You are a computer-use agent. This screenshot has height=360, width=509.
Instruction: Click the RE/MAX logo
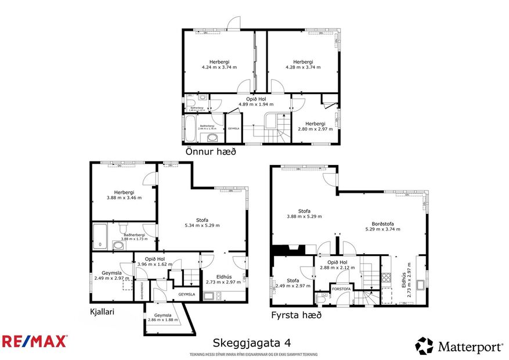34,341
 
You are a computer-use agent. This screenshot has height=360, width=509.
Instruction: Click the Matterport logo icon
424,346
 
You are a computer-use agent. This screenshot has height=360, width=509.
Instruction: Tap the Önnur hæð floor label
211,152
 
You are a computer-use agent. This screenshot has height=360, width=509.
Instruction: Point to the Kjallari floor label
102,312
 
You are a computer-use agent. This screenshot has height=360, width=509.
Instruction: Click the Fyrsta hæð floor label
297,315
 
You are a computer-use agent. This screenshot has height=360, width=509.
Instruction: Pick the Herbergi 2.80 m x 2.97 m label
315,126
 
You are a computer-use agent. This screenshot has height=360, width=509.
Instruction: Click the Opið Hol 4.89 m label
251,102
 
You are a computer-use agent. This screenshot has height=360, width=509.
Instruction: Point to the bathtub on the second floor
190,128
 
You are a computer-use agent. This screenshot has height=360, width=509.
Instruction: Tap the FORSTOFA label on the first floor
341,289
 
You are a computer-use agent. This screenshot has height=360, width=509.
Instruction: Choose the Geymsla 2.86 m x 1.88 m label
163,316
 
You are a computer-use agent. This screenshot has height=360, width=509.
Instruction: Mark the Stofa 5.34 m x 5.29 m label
202,222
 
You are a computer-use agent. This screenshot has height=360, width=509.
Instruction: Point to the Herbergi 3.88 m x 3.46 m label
124,195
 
